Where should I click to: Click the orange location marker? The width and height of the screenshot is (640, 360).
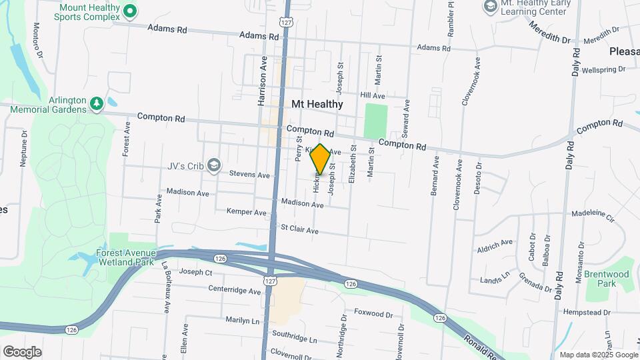coord(320,159)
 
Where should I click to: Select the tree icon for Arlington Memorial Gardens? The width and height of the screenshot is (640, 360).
coord(97,103)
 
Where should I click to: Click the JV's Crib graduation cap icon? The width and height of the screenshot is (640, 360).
coord(213,165)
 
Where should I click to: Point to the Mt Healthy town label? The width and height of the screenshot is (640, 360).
coord(317,104)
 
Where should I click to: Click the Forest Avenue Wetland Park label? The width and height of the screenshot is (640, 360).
coord(126,257)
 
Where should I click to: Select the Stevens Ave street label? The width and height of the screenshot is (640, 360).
coord(249,175)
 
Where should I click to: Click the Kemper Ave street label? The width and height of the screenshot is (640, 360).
coord(246,212)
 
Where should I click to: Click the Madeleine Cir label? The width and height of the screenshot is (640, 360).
coord(592,214)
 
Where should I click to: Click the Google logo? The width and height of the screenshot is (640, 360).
coord(22,351)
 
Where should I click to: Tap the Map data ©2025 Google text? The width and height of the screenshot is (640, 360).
coord(596,355)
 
